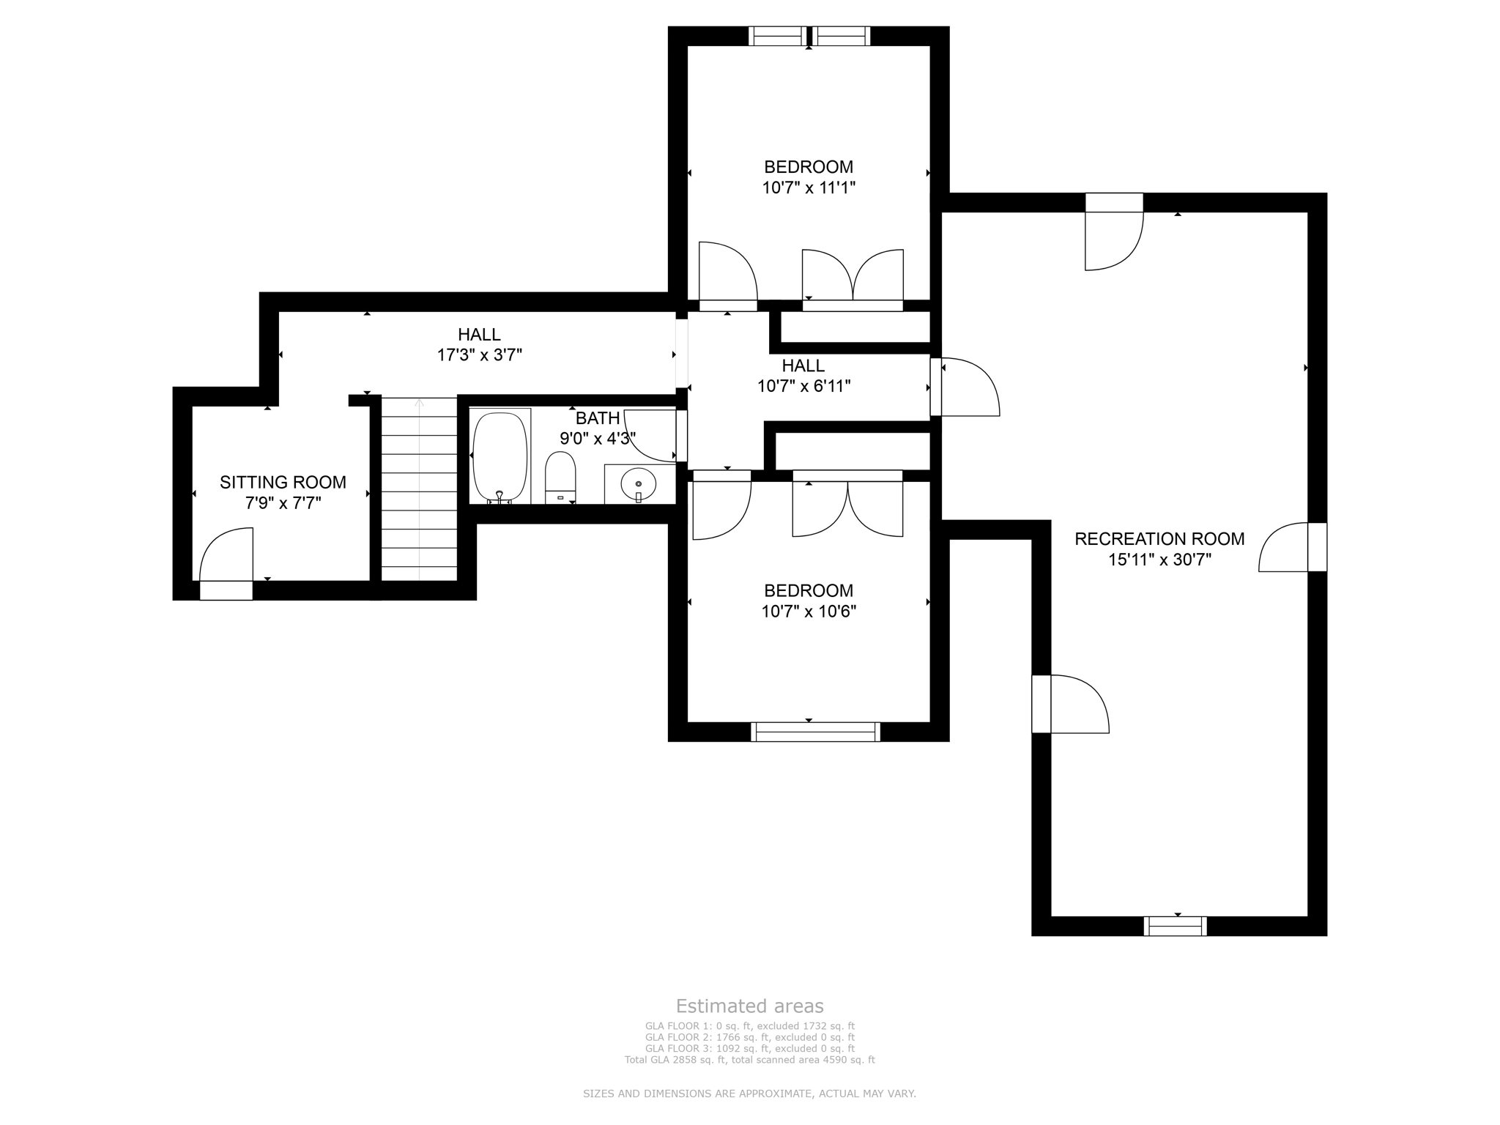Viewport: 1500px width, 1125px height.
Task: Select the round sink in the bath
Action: point(638,484)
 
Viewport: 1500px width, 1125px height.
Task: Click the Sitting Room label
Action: point(283,482)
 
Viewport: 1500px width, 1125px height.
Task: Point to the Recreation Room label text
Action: point(1159,539)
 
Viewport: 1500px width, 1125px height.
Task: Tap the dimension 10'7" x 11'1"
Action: point(809,187)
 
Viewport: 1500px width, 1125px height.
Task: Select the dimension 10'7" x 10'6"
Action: point(809,612)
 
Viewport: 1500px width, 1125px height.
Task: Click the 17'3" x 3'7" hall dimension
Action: point(479,355)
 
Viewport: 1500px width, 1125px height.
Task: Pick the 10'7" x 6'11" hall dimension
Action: point(803,386)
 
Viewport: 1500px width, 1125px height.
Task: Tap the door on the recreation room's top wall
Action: point(1113,234)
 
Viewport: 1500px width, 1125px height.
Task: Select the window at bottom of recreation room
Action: point(1175,926)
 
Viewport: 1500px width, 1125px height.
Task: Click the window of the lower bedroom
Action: point(815,732)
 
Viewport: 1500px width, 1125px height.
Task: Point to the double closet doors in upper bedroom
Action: point(853,277)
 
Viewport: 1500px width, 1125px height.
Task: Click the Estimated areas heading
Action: point(749,1006)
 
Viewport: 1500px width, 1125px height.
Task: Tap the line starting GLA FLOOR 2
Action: point(749,1037)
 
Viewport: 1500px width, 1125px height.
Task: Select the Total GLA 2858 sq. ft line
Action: point(749,1060)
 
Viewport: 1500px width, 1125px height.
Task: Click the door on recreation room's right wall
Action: point(1289,547)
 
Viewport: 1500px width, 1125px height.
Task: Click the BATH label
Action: point(597,418)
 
